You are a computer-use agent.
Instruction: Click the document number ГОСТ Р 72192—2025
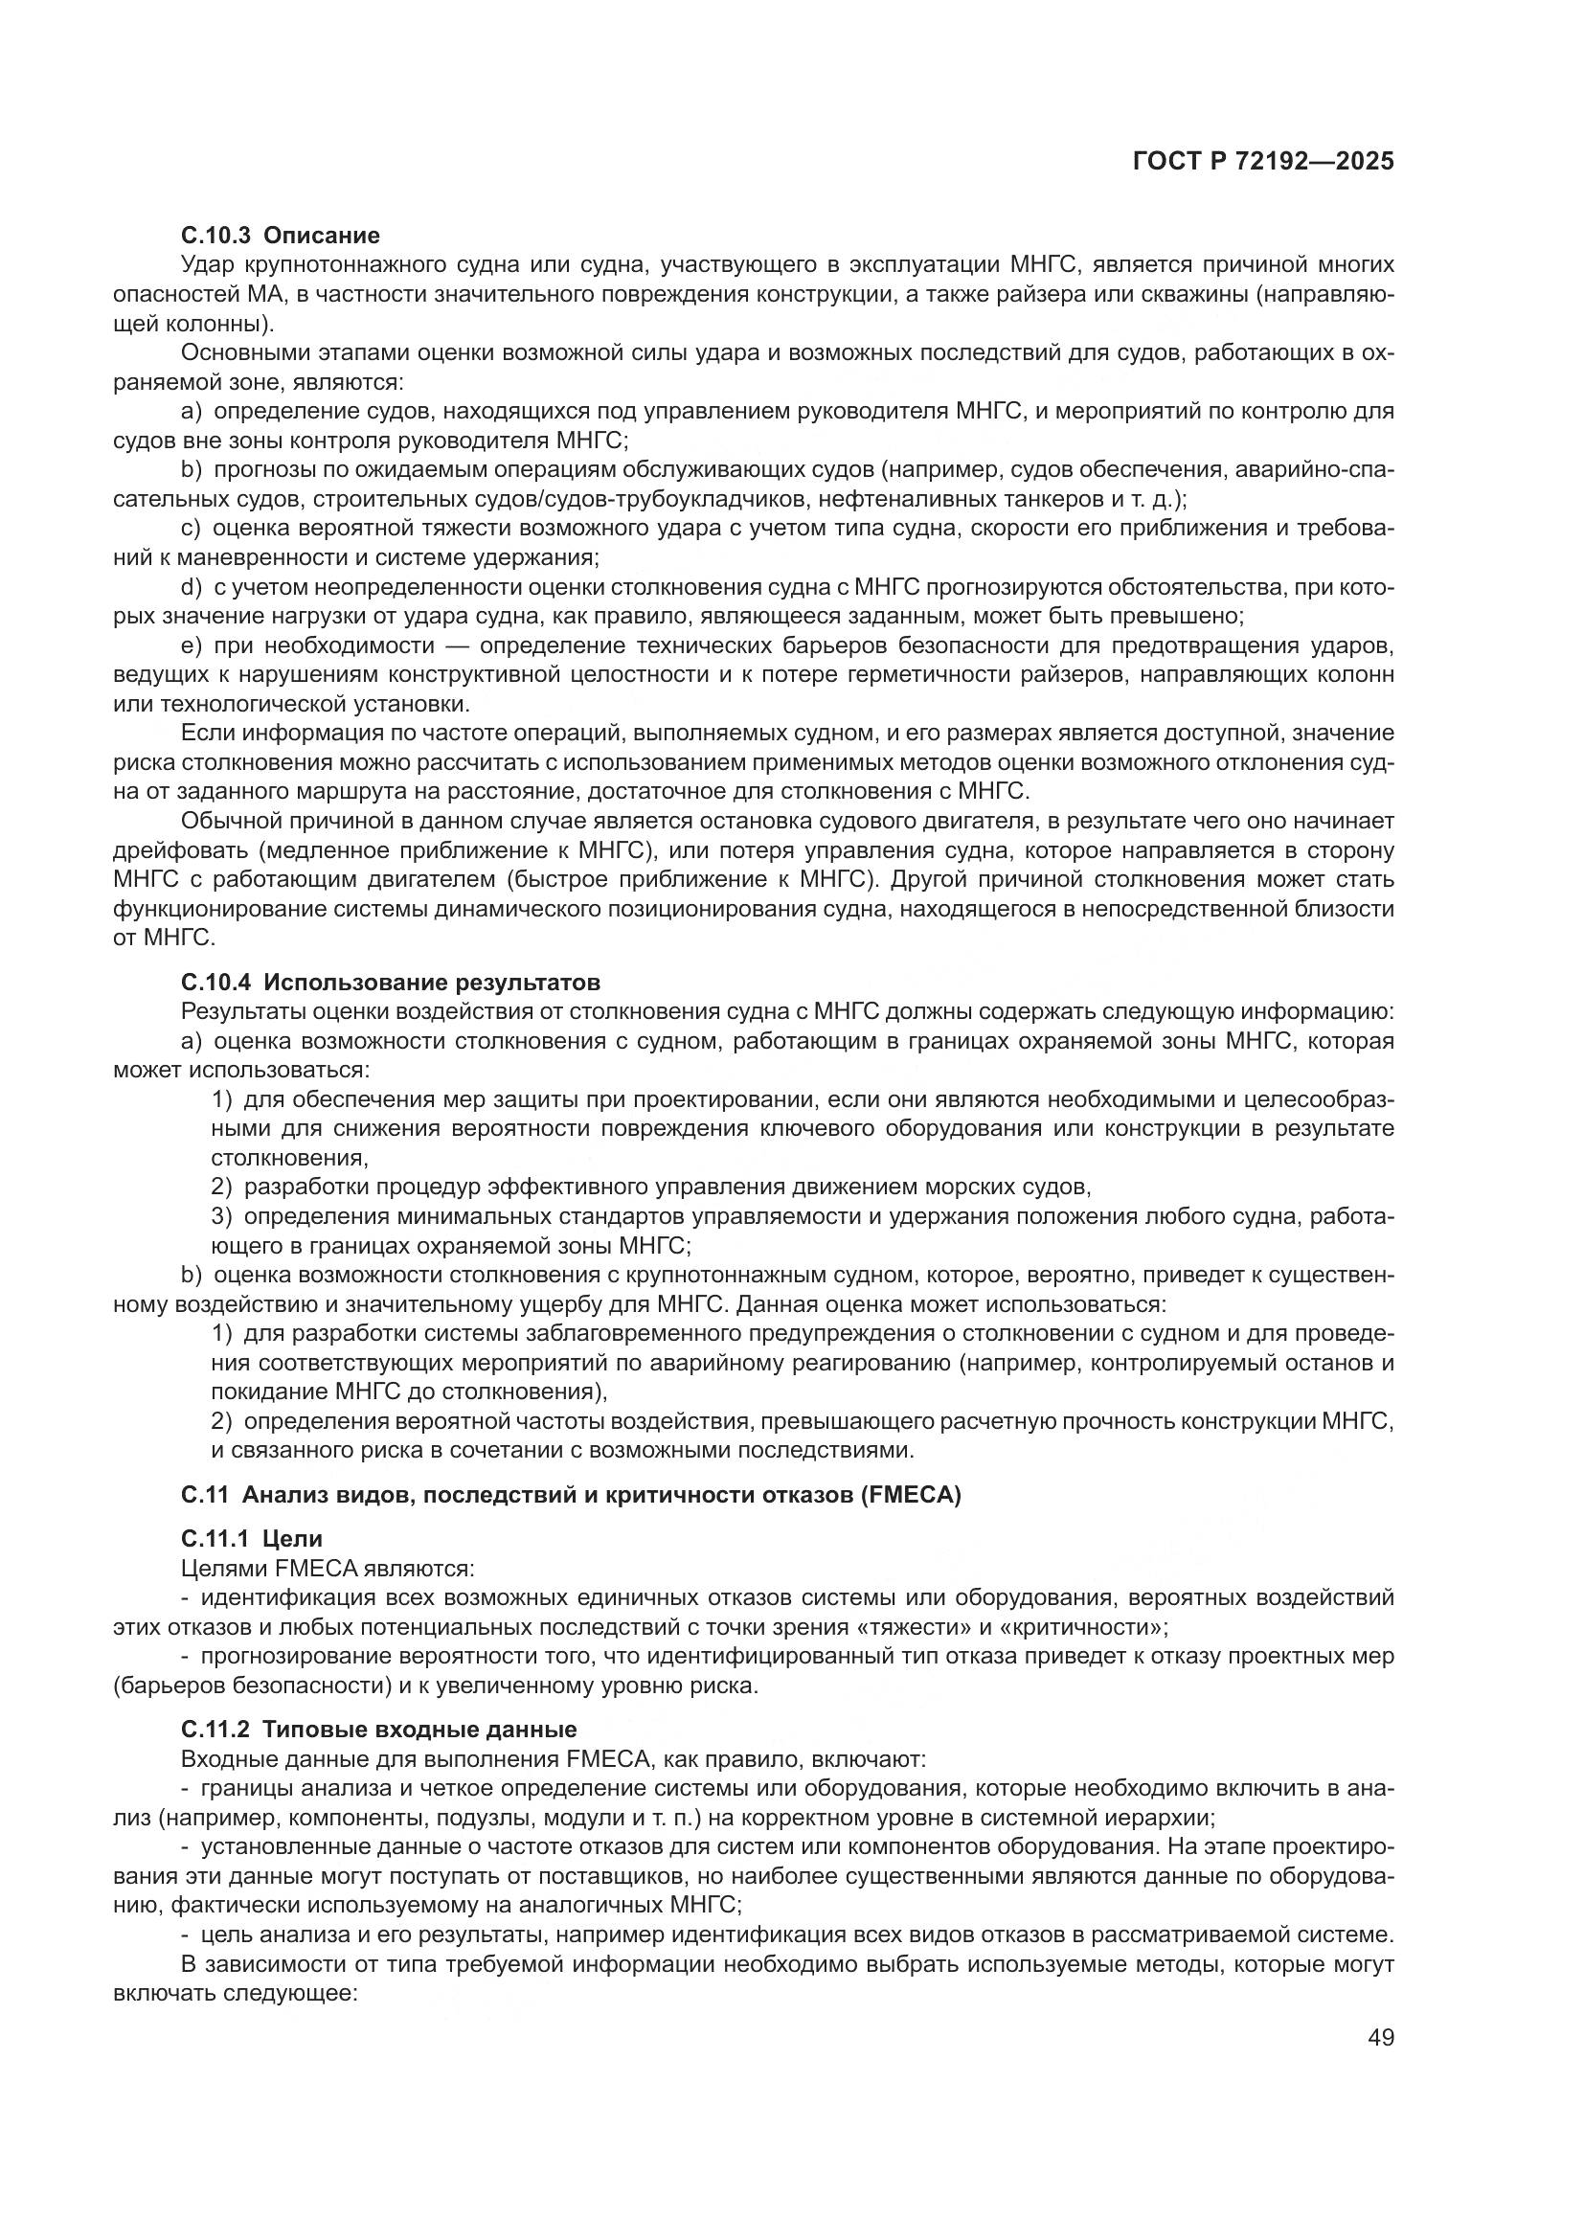click(1263, 162)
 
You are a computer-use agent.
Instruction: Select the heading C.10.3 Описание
click(281, 236)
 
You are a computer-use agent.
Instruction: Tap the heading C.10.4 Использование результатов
click(390, 982)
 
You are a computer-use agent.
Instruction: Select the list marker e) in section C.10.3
click(192, 645)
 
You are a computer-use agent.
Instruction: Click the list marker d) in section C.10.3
click(192, 587)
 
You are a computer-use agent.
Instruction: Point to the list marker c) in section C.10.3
click(192, 529)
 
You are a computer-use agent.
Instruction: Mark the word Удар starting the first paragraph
click(207, 264)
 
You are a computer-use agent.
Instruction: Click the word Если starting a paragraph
click(204, 734)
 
